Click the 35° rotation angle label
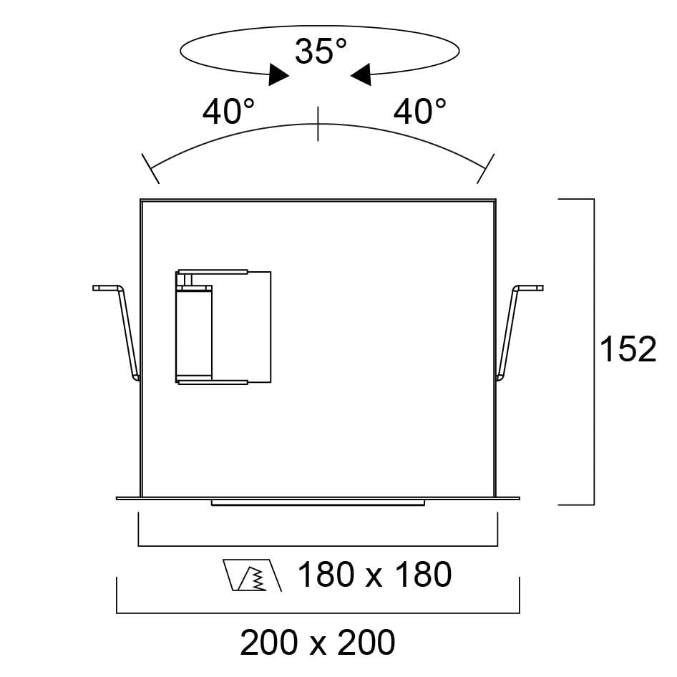pyautogui.click(x=321, y=51)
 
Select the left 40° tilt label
pyautogui.click(x=228, y=112)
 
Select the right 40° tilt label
pyautogui.click(x=419, y=112)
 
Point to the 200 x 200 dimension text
pyautogui.click(x=317, y=643)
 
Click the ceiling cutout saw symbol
pyautogui.click(x=253, y=575)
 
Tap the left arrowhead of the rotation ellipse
pyautogui.click(x=278, y=75)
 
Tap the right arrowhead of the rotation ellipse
pyautogui.click(x=361, y=75)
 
